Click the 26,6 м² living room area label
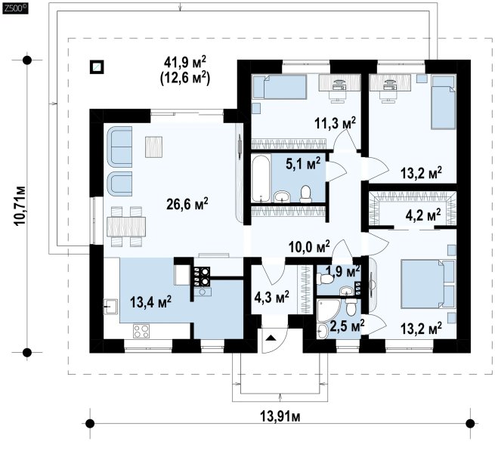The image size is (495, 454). pos(187,203)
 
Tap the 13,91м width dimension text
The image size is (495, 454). pos(280,416)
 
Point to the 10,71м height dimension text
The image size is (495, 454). pos(20,205)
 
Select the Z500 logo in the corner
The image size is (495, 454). pos(15,8)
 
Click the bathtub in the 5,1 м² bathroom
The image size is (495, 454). pos(261,178)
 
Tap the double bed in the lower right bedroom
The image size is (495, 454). pos(428,283)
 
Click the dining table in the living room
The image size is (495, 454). pos(126,226)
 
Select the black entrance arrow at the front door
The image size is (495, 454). pos(271,338)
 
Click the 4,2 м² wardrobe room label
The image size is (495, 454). pos(423,217)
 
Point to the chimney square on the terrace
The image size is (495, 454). pos(97,67)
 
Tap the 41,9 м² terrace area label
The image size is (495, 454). pos(184,63)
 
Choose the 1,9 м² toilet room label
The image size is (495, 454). pos(343,271)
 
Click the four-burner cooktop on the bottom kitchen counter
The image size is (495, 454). pos(141,332)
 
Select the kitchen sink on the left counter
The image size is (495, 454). pos(110,307)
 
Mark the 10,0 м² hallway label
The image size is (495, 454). pos(309,247)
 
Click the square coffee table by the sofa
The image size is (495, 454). pos(153,147)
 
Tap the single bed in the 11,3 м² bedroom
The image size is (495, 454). pos(280,87)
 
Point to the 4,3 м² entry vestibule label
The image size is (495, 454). pos(271,298)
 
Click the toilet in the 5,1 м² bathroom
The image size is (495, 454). pos(305,193)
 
